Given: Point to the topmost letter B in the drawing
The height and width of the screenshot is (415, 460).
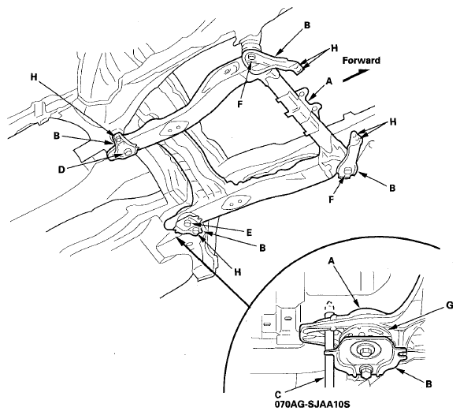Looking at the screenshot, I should (x=306, y=25).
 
